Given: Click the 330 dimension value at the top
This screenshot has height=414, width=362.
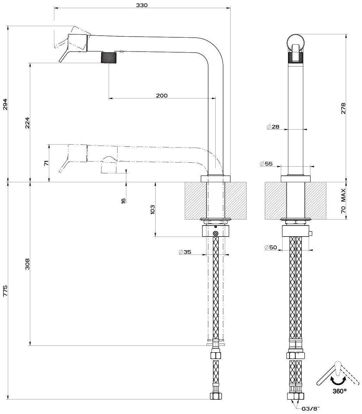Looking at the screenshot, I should click(142, 5).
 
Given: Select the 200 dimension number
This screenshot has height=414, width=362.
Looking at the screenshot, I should click(162, 96).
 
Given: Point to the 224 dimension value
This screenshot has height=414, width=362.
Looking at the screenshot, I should click(27, 123).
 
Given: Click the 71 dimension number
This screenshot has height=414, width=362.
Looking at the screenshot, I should click(47, 163).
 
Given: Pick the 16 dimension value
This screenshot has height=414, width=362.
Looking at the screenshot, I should click(123, 200).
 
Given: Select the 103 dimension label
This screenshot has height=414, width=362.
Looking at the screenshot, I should click(152, 209).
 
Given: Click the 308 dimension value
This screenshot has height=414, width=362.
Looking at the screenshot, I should click(27, 264).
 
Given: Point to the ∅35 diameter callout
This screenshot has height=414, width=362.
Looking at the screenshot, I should click(185, 252).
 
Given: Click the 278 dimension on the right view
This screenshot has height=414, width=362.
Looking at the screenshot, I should click(343, 108).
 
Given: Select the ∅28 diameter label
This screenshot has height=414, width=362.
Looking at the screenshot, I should click(273, 127).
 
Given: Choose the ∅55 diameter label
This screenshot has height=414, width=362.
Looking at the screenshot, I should click(266, 164).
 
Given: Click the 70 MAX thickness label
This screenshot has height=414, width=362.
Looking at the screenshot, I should click(343, 201).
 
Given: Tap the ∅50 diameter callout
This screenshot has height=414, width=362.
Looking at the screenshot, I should click(271, 247).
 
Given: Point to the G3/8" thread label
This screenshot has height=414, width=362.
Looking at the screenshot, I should click(311, 409).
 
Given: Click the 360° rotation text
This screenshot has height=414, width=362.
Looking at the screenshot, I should click(339, 391).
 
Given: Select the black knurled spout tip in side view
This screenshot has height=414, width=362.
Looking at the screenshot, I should click(109, 57).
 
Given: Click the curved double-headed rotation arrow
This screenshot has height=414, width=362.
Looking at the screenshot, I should click(339, 379).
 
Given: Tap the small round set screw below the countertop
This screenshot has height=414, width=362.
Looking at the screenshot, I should click(215, 233).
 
